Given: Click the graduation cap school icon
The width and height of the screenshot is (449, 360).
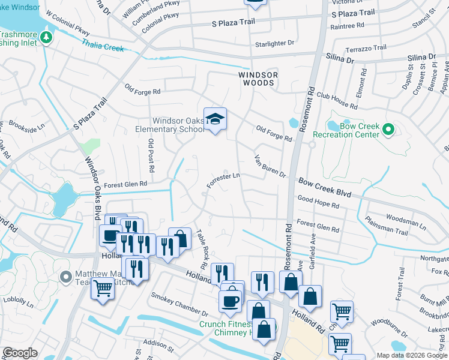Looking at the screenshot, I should [x=214, y=118].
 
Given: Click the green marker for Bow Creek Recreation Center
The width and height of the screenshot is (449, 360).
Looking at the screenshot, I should [x=388, y=128].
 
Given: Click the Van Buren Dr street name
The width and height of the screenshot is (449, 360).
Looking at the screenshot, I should [x=270, y=165].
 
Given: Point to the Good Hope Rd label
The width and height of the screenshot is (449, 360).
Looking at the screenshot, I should [x=318, y=203].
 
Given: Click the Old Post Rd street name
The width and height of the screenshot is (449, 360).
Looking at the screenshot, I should [x=151, y=155].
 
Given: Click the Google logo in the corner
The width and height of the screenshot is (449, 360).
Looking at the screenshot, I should [x=20, y=353].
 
